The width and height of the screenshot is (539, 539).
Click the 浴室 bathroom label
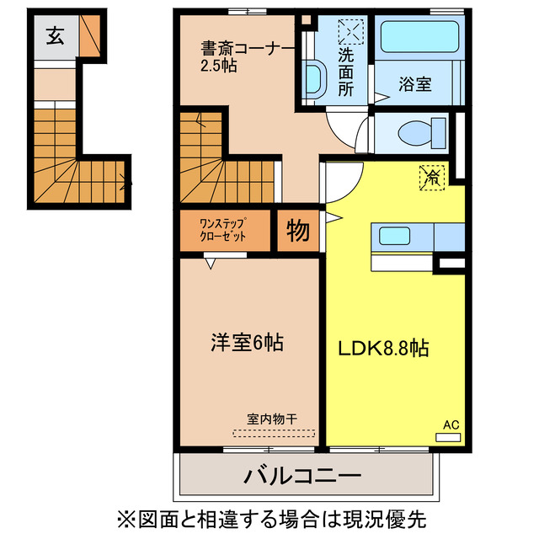point(416,85)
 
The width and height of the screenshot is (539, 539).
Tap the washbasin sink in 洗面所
point(313,79)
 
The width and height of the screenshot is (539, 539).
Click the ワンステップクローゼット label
point(223,230)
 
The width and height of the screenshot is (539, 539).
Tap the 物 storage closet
point(297,230)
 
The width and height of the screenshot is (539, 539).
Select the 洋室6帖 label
point(246,343)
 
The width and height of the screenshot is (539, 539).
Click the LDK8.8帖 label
point(383,347)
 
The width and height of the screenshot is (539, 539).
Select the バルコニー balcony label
point(302,476)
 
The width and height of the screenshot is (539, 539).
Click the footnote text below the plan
point(269,515)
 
